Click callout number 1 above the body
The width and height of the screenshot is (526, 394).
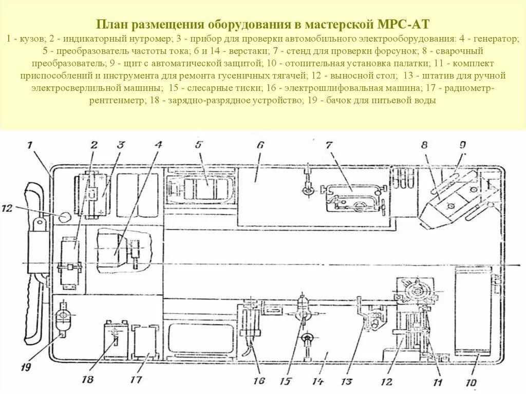[x=30, y=145]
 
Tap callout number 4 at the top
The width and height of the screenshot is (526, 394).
[x=158, y=145]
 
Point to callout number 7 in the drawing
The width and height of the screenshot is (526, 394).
[x=329, y=145]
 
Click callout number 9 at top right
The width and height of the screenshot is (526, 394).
[x=462, y=145]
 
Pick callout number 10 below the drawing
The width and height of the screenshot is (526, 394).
[x=471, y=383]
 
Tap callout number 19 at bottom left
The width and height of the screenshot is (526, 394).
[x=26, y=367]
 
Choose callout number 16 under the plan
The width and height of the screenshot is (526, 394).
[x=258, y=381]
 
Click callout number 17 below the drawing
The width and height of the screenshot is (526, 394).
[x=136, y=380]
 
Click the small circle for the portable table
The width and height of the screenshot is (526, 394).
[x=64, y=217]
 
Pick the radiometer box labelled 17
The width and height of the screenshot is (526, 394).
[x=145, y=341]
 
